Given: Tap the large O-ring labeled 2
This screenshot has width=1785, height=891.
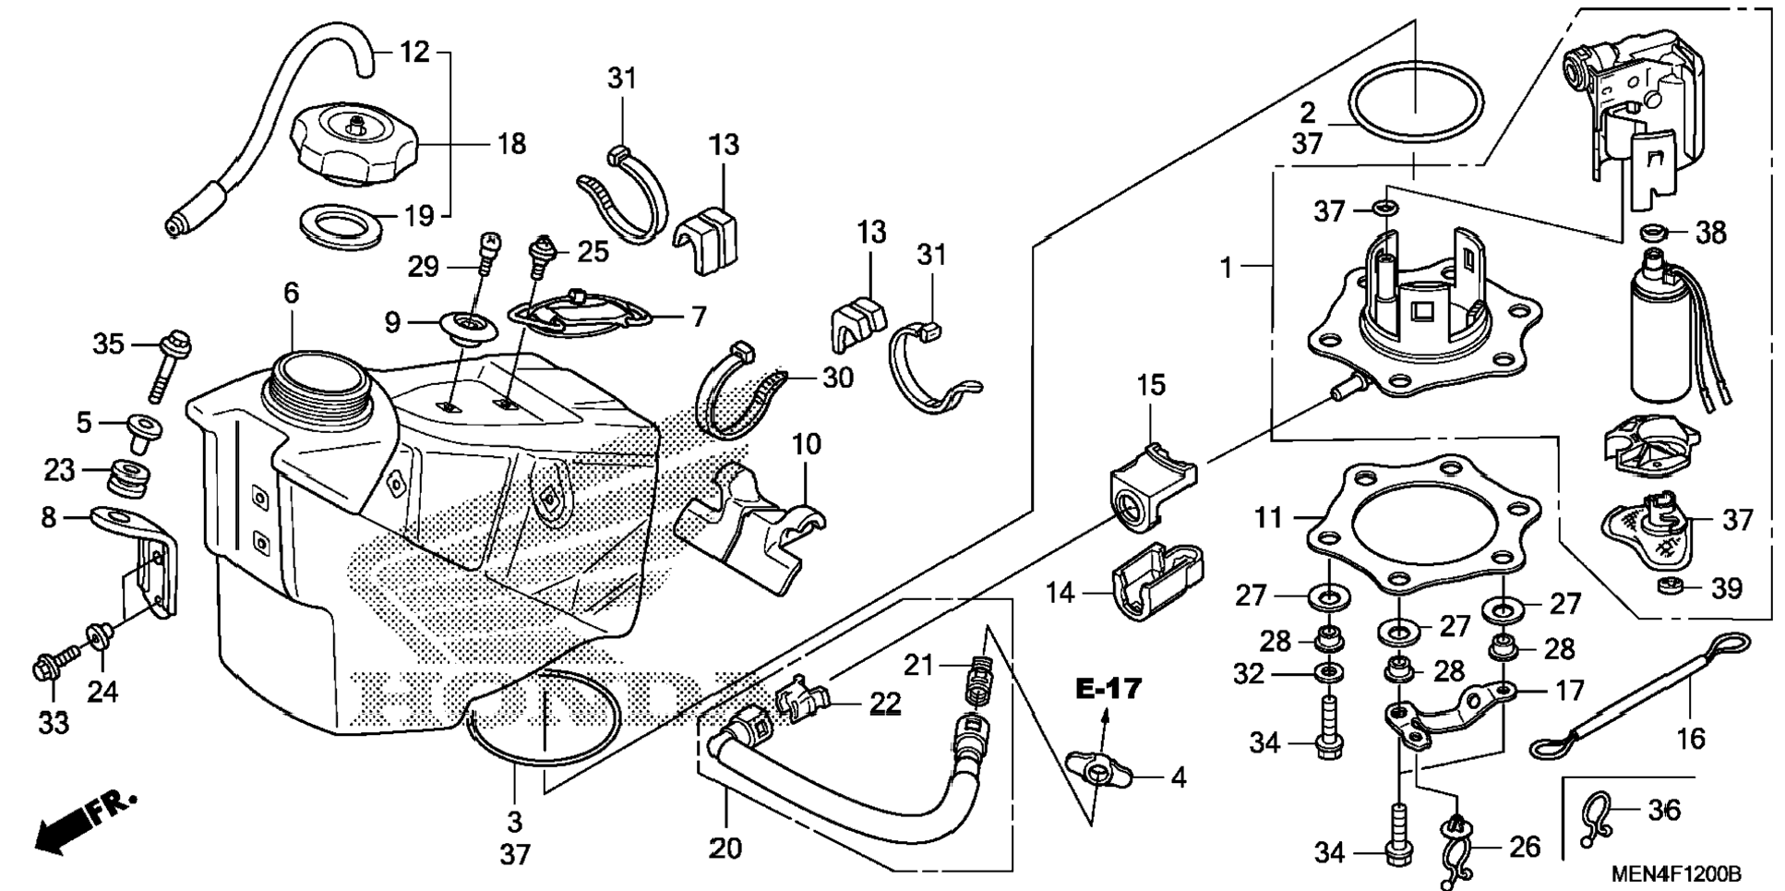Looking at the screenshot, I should tap(1417, 102).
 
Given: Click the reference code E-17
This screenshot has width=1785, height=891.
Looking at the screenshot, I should tap(1108, 688).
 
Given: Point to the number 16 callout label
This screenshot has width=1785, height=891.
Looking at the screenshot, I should tap(1691, 738).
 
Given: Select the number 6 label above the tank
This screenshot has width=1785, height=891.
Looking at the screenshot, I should tap(292, 294).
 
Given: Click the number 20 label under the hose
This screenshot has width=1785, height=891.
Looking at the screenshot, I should tap(725, 847).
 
